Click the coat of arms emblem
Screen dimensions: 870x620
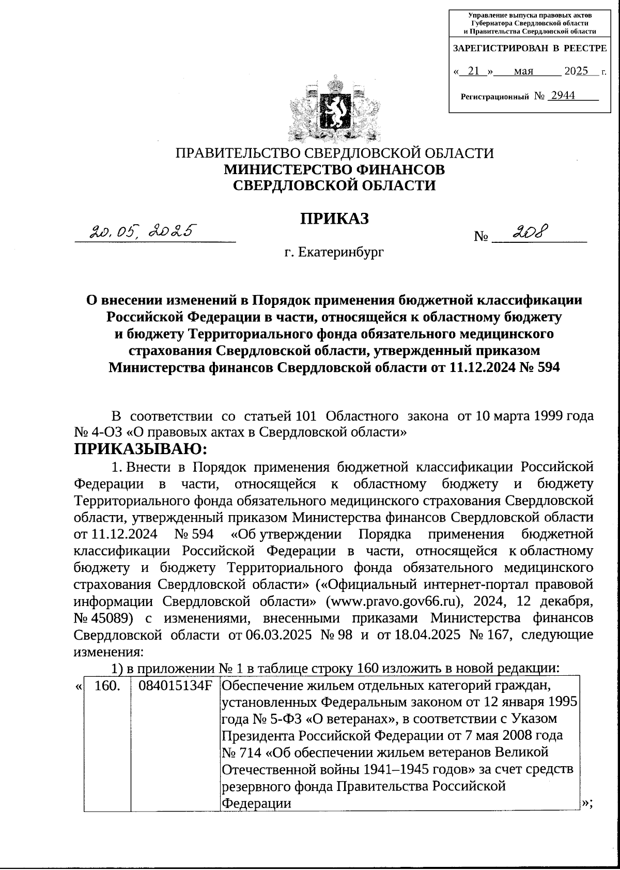pyautogui.click(x=335, y=109)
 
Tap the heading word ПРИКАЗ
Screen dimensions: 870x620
pyautogui.click(x=335, y=219)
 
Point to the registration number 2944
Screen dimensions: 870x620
pyautogui.click(x=563, y=96)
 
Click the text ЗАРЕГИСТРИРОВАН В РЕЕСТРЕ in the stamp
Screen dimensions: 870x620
pyautogui.click(x=529, y=49)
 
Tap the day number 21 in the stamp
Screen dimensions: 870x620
pyautogui.click(x=473, y=71)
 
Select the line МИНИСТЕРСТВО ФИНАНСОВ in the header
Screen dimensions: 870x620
pyautogui.click(x=334, y=169)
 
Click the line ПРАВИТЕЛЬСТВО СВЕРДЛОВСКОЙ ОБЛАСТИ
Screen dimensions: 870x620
pyautogui.click(x=335, y=153)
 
